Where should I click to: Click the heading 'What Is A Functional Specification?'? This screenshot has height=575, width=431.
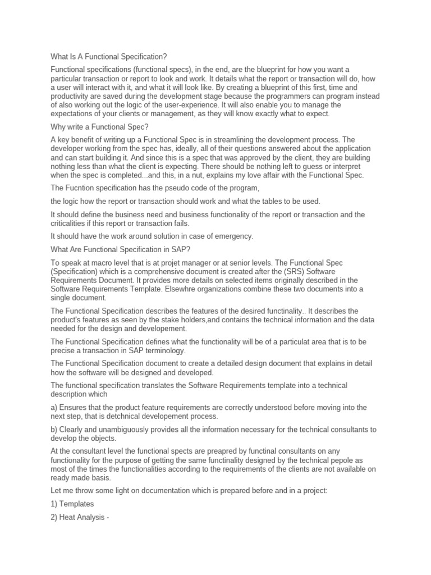(x=109, y=57)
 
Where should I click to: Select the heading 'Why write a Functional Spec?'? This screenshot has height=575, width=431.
(x=99, y=126)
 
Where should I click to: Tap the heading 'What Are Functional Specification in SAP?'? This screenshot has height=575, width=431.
(x=124, y=249)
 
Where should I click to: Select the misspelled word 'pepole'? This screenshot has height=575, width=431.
(x=323, y=460)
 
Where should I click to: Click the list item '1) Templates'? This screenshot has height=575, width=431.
(x=72, y=504)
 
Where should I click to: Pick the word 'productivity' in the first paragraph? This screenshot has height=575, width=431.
(x=71, y=96)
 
